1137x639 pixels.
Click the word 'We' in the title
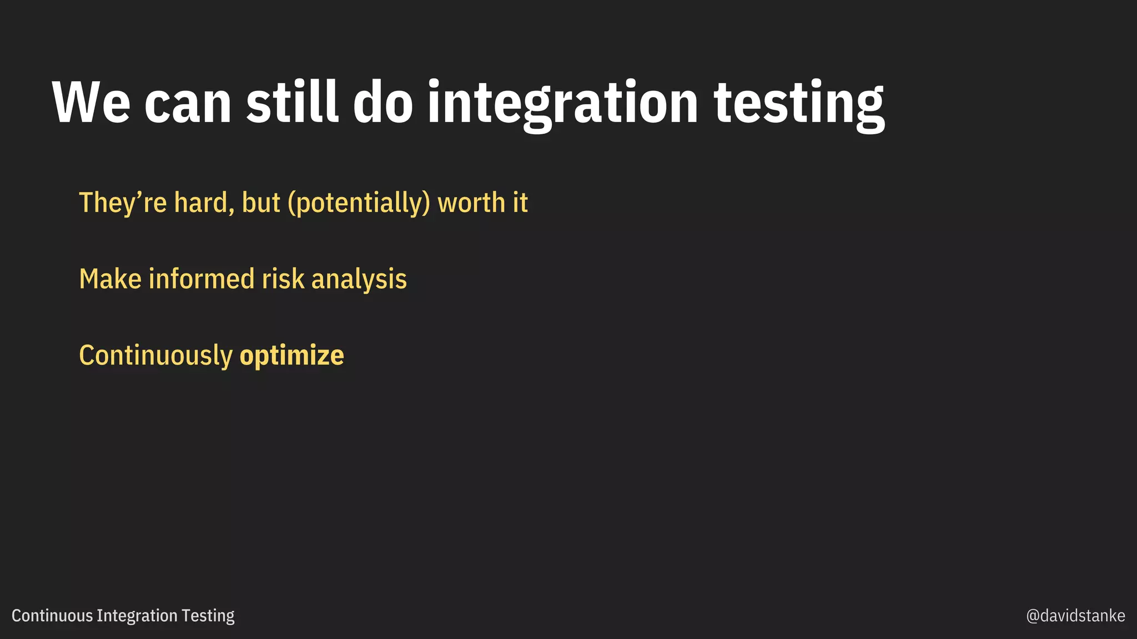point(91,103)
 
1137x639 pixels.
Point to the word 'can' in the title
point(188,105)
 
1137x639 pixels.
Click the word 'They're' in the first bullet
point(123,203)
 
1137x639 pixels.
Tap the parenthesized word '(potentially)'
point(359,203)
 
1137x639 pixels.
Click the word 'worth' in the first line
point(471,203)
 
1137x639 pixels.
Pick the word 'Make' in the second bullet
point(110,279)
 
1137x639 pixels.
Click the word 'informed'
point(201,279)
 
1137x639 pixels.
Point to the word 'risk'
point(283,279)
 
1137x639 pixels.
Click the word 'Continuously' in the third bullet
point(155,356)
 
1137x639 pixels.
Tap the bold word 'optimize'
point(291,356)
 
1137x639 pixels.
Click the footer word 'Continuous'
point(52,616)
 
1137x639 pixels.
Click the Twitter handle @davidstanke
point(1075,616)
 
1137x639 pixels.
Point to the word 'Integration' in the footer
point(137,616)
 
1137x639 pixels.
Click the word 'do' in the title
point(383,103)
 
